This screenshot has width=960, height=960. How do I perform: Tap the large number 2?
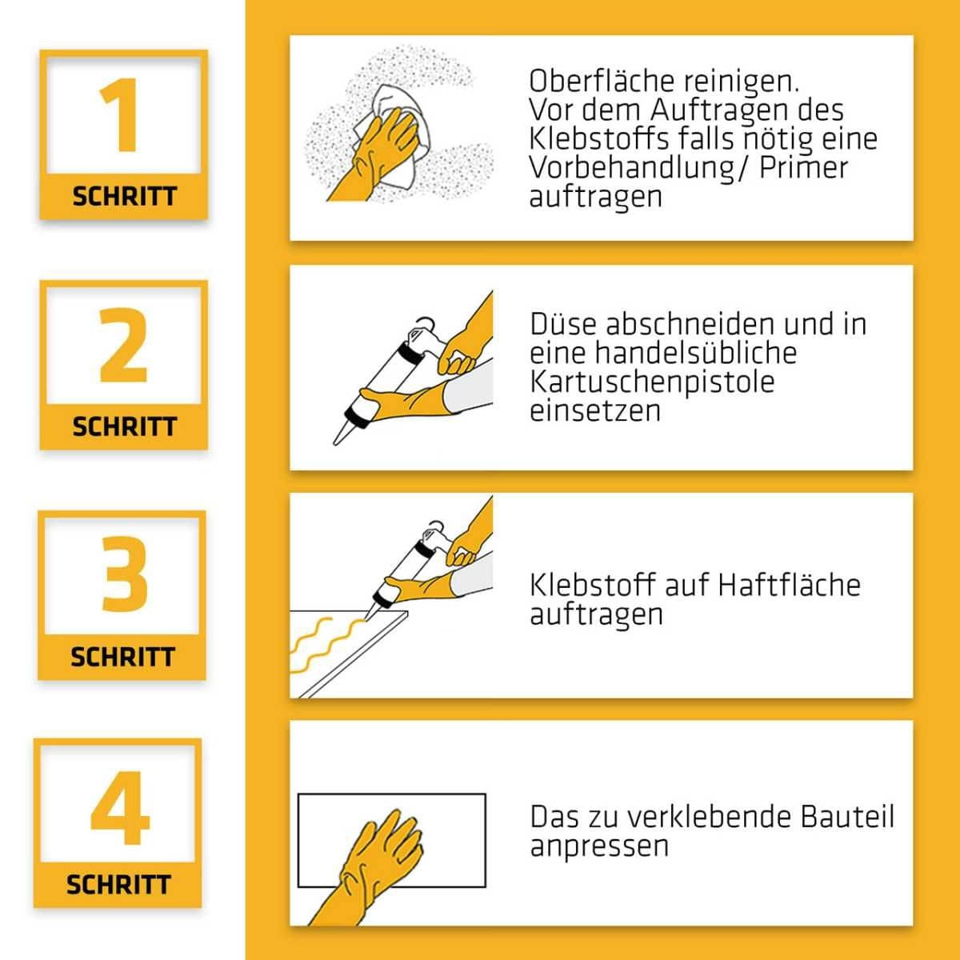[x=124, y=346]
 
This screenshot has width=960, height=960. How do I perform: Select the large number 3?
[x=124, y=574]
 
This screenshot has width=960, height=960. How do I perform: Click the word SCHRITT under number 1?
[x=124, y=197]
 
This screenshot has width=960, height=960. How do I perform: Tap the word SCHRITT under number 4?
[x=118, y=885]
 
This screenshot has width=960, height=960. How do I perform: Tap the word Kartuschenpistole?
[x=652, y=382]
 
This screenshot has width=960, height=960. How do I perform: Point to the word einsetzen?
[x=595, y=410]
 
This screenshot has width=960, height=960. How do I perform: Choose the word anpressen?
[x=598, y=846]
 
